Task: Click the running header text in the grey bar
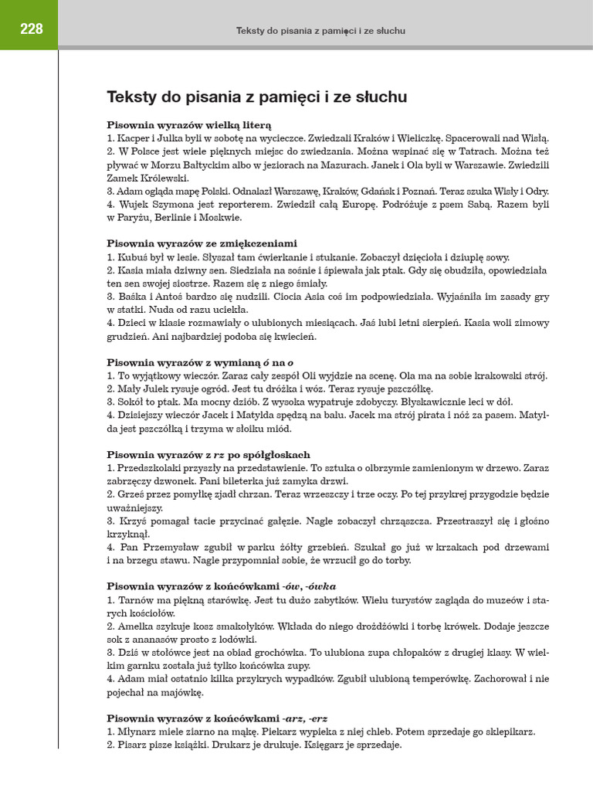click(320, 31)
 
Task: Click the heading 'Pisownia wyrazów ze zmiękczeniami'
click(202, 243)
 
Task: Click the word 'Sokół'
click(128, 402)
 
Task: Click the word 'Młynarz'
click(137, 732)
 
